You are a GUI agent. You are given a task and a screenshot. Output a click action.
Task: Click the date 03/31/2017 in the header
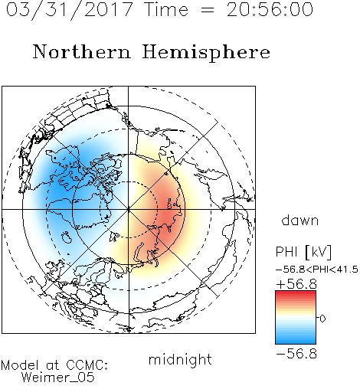click(70, 9)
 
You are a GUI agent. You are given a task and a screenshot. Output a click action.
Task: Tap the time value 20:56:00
click(270, 9)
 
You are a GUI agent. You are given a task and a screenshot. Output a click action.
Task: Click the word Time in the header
click(166, 9)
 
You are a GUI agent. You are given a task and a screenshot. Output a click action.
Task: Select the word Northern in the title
click(82, 51)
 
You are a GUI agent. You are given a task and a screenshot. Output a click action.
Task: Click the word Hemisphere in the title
click(206, 53)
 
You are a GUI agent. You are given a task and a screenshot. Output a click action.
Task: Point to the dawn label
click(300, 220)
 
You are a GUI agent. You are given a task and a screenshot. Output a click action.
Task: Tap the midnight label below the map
click(180, 359)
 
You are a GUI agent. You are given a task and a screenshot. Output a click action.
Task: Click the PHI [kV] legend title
click(303, 252)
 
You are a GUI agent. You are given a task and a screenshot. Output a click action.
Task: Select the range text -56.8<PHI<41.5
click(317, 270)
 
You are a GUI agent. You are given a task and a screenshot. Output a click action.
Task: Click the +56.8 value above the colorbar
click(296, 284)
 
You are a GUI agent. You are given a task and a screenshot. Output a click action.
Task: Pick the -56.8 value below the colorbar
click(296, 354)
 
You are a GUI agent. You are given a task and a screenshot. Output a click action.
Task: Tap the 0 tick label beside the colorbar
click(322, 319)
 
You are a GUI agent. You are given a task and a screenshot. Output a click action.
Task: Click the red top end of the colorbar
click(296, 293)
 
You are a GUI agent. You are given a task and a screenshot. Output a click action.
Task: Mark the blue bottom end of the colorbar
click(296, 342)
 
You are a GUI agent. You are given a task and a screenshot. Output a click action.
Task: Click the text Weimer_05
click(58, 378)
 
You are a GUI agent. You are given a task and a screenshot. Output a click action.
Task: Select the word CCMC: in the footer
click(87, 365)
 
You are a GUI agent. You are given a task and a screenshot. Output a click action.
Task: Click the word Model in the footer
click(20, 365)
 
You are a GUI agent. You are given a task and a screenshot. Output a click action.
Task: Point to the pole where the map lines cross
click(129, 210)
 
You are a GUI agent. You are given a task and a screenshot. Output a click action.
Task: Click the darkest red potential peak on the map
click(171, 211)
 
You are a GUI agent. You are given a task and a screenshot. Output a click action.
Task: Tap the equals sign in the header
click(208, 11)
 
